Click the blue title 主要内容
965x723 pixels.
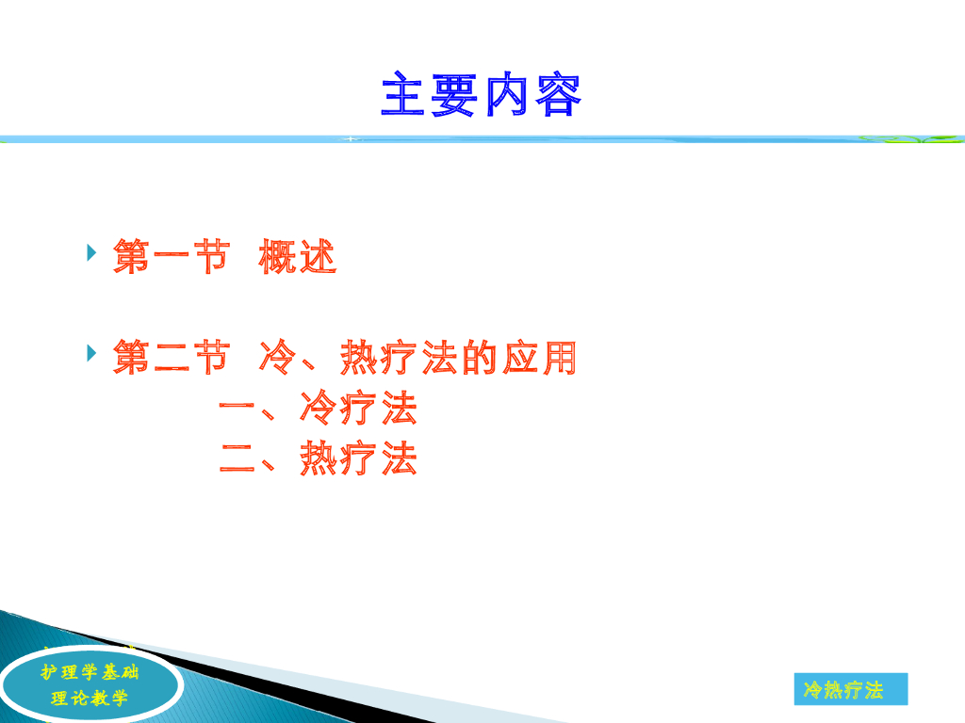482,94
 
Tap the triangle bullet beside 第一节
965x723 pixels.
91,252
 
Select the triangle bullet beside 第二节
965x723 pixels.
91,353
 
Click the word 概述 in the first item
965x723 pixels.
297,256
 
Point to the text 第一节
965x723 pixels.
172,256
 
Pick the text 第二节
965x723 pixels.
172,357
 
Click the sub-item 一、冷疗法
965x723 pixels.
319,408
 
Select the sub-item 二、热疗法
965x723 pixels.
319,458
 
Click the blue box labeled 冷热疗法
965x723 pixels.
851,689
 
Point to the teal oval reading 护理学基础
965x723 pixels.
90,684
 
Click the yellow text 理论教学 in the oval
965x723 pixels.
90,698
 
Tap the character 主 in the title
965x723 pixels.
403,94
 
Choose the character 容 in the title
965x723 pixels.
559,94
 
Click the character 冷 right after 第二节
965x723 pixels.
277,357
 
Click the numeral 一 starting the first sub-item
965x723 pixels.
237,408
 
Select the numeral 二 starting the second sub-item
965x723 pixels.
237,459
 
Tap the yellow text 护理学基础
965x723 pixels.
90,672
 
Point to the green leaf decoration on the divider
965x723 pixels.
911,139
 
